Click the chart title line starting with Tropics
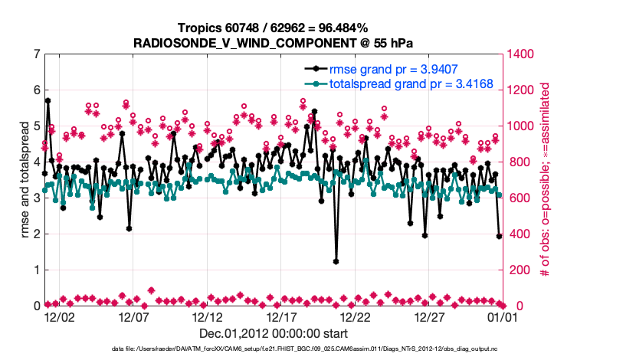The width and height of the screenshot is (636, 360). [274, 28]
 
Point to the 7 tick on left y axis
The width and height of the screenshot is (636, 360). [37, 54]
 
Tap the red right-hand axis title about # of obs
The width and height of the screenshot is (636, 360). [546, 180]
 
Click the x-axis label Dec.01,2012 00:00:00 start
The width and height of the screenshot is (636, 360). [274, 333]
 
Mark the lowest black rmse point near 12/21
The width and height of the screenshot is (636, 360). [336, 261]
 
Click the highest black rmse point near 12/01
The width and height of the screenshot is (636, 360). [48, 100]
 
